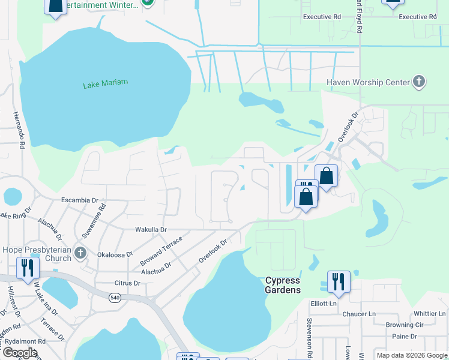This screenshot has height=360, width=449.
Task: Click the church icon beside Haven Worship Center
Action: pos(419,82)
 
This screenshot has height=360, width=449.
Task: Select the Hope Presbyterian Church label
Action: pos(37,254)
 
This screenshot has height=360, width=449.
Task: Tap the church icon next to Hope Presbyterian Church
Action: pos(80,254)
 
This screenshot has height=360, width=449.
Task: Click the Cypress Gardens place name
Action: pos(283,285)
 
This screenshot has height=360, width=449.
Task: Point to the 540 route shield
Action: pos(115,297)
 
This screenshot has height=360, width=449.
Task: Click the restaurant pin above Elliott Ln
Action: pos(339,282)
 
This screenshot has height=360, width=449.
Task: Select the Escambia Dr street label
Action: pos(79,200)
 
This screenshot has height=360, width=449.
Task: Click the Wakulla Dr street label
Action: pos(151,229)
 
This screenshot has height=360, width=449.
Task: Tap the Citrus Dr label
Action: pos(127,283)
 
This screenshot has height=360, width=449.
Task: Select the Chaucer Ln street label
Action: pos(359,314)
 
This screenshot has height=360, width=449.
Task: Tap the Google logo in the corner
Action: pos(20,352)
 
